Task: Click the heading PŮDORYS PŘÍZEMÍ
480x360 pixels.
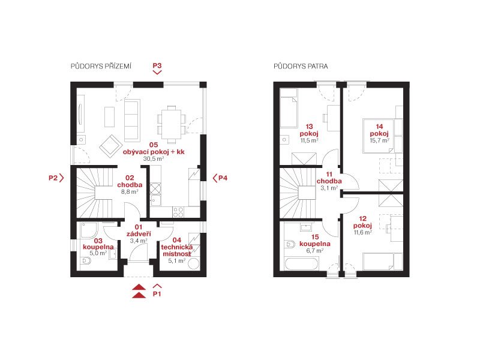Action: (101, 66)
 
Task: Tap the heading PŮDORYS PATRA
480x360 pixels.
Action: (301, 66)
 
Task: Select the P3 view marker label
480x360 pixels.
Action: (157, 65)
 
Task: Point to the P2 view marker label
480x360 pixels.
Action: (53, 178)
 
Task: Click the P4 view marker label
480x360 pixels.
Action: (223, 178)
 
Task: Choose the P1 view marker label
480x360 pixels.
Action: (157, 294)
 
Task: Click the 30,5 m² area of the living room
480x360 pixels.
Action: (154, 158)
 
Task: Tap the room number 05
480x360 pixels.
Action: (154, 145)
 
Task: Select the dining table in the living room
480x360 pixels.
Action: (172, 124)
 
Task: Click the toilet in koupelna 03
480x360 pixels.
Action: (86, 261)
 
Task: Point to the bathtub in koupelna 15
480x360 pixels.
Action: (301, 264)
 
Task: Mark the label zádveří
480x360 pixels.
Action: (139, 234)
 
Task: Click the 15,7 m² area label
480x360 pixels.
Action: (380, 140)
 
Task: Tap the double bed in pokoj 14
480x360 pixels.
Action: (379, 136)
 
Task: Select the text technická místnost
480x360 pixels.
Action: (177, 250)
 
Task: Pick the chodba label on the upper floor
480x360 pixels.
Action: (329, 181)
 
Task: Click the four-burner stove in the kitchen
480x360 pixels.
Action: (178, 212)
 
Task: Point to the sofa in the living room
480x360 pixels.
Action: (132, 121)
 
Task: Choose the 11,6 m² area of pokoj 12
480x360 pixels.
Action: (363, 232)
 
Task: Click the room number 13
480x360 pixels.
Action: (309, 127)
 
